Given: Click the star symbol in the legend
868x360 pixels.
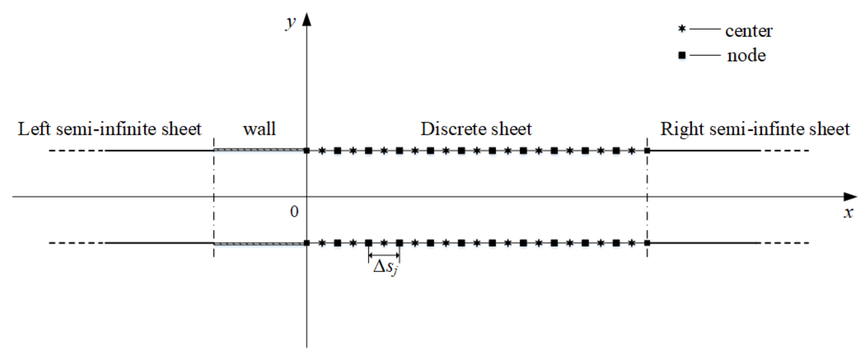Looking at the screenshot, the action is pyautogui.click(x=682, y=29).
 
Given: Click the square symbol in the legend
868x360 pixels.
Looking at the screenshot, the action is pyautogui.click(x=682, y=55).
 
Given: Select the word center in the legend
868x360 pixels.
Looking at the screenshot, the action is pyautogui.click(x=749, y=31).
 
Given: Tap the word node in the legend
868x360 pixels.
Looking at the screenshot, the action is pyautogui.click(x=746, y=55).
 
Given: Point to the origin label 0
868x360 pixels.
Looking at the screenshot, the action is pyautogui.click(x=294, y=212).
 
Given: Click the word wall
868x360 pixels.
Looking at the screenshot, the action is pyautogui.click(x=259, y=129).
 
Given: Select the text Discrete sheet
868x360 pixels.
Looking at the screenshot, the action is pyautogui.click(x=476, y=129).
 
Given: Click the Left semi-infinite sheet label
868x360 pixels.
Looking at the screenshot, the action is pyautogui.click(x=109, y=129).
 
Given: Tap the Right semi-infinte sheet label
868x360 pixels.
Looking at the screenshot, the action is pyautogui.click(x=755, y=129).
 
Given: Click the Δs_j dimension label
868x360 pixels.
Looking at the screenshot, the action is pyautogui.click(x=385, y=268).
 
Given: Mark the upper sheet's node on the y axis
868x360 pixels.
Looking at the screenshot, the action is pyautogui.click(x=307, y=150).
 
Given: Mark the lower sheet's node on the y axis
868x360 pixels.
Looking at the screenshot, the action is pyautogui.click(x=307, y=243).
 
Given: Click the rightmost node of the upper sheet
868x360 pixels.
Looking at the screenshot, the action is pyautogui.click(x=647, y=150).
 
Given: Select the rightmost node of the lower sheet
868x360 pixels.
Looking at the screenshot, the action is pyautogui.click(x=647, y=243).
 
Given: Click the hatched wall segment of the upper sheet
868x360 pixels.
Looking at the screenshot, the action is pyautogui.click(x=259, y=150).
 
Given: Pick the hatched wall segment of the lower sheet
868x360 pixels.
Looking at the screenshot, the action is pyautogui.click(x=259, y=243).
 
